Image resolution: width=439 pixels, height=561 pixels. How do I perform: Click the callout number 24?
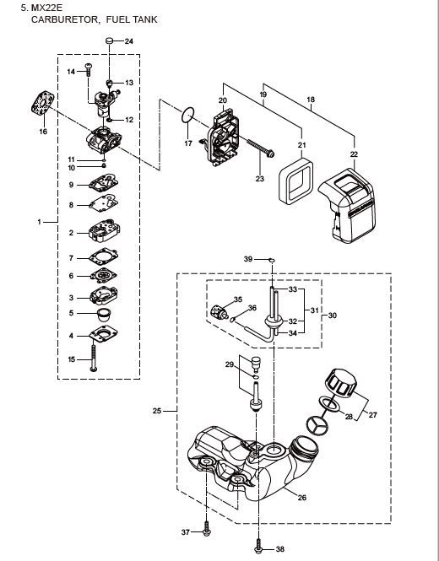click(x=129, y=41)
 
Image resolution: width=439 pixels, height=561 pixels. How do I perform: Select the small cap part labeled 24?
click(x=110, y=40)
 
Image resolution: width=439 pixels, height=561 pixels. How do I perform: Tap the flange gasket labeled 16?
click(x=43, y=103)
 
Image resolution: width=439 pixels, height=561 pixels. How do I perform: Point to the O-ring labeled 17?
click(x=188, y=115)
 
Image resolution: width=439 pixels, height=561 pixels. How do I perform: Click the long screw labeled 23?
click(x=260, y=148)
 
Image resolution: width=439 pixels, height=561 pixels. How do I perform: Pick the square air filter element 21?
click(x=296, y=181)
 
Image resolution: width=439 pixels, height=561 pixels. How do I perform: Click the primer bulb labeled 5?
click(x=104, y=314)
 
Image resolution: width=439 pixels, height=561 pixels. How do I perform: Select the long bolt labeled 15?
click(x=94, y=356)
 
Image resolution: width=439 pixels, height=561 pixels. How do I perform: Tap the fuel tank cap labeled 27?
click(x=341, y=383)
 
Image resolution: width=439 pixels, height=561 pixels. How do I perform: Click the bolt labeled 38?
click(x=258, y=548)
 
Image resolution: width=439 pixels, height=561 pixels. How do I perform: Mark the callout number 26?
click(x=302, y=498)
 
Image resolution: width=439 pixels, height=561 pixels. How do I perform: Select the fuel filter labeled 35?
click(x=219, y=311)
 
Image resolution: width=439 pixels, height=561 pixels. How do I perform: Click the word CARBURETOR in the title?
click(x=64, y=19)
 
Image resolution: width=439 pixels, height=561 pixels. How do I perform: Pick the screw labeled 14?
click(x=88, y=69)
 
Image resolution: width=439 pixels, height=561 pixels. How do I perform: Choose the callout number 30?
click(x=333, y=316)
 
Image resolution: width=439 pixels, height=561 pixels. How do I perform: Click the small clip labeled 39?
click(x=272, y=260)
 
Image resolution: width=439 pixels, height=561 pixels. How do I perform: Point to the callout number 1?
click(x=40, y=222)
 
